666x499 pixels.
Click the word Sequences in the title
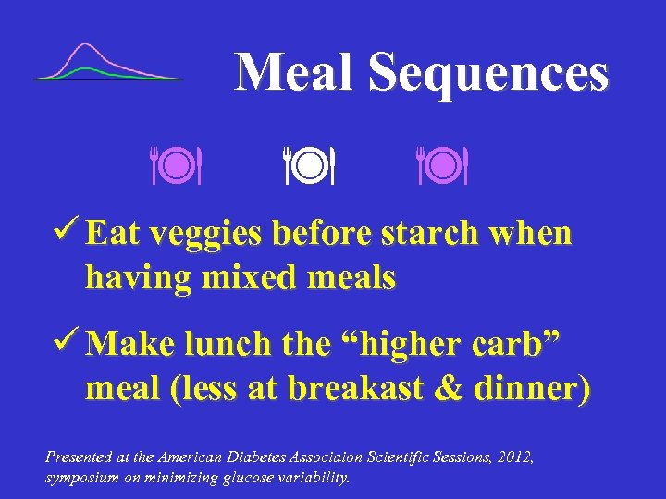(x=488, y=74)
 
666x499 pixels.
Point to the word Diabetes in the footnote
(x=270, y=456)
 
